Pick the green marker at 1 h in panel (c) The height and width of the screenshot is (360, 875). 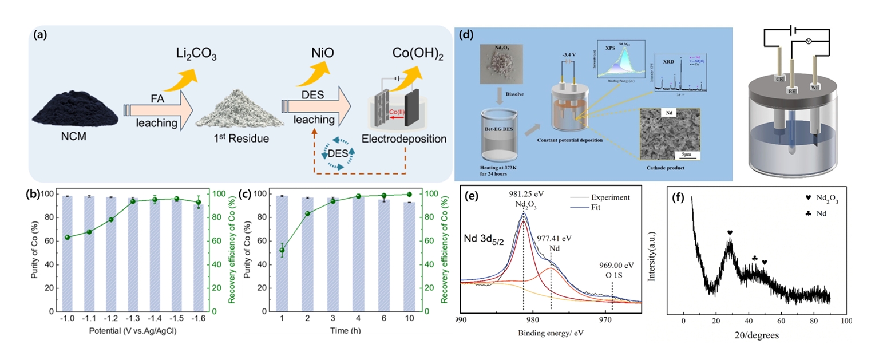coord(281,250)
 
